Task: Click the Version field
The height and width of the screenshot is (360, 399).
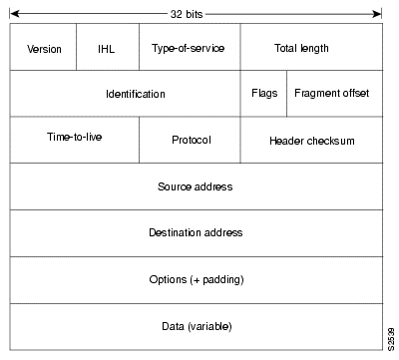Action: (44, 47)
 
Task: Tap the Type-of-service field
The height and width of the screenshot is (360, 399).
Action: (189, 47)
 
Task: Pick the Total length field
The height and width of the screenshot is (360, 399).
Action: (301, 47)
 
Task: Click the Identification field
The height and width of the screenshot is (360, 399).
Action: (135, 94)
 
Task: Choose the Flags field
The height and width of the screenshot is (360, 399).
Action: (263, 94)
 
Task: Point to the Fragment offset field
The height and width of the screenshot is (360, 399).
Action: (332, 94)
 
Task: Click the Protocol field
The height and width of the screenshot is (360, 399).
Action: (190, 141)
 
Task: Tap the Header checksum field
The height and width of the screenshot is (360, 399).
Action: (311, 141)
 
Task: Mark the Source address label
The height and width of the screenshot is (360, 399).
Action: (196, 186)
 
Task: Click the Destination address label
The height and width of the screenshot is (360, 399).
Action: (196, 232)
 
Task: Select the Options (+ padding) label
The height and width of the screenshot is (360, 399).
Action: (197, 279)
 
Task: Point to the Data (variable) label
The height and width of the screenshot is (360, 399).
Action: (197, 325)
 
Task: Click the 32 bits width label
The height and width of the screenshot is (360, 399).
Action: (196, 12)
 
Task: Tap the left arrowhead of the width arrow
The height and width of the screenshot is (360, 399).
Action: (13, 13)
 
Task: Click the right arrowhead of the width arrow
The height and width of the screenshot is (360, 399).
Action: (378, 13)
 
